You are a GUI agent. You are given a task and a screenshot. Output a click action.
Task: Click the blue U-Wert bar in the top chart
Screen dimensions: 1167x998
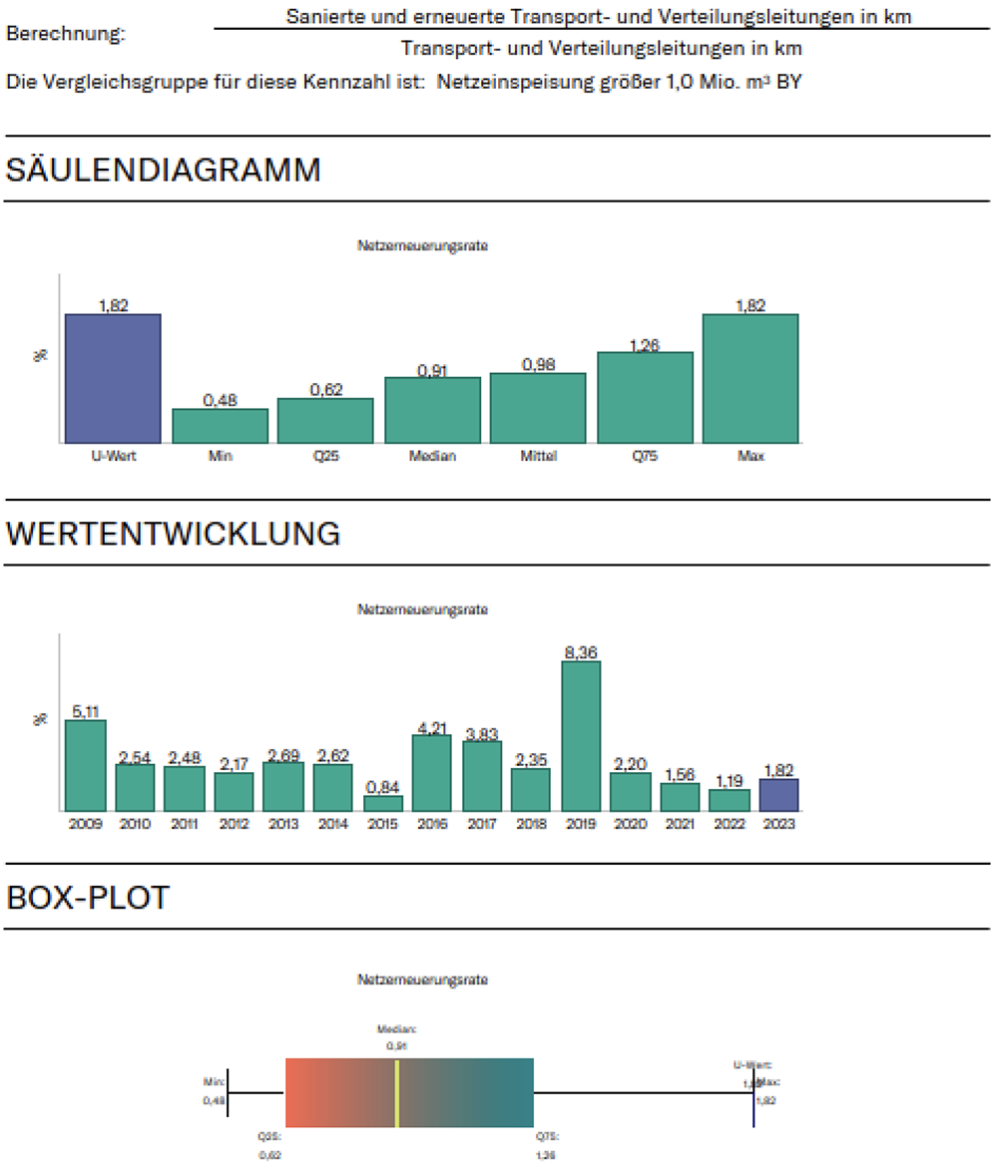(x=113, y=378)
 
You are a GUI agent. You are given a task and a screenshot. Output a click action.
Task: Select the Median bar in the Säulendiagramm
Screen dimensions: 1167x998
(x=432, y=410)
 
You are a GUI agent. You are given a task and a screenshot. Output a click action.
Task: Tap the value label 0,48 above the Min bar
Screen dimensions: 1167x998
(x=220, y=400)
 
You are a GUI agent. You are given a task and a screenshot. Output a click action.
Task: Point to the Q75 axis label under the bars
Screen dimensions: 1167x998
(x=645, y=457)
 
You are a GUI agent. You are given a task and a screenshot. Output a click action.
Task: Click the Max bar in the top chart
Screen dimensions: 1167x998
(x=750, y=378)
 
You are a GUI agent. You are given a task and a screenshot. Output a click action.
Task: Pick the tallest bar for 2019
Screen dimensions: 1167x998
(x=581, y=735)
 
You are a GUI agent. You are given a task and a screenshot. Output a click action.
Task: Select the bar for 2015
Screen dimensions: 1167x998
(x=382, y=803)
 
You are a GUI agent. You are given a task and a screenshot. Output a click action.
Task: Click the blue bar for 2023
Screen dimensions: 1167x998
(x=779, y=795)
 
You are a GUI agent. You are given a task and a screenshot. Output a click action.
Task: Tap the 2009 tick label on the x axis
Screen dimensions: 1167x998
(x=85, y=824)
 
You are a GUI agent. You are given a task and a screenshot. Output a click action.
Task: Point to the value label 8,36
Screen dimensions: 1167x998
(x=581, y=652)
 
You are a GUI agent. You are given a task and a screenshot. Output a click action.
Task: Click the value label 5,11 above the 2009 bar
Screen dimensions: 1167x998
(x=86, y=711)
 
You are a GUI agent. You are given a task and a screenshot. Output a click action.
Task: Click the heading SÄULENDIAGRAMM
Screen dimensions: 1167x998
(x=164, y=171)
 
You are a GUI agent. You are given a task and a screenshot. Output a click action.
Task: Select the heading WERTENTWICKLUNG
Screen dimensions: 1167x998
(x=174, y=534)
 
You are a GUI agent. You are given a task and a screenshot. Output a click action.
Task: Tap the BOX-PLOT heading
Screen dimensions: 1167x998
(x=88, y=898)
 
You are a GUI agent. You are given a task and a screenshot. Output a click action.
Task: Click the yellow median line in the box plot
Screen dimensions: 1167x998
(x=397, y=1093)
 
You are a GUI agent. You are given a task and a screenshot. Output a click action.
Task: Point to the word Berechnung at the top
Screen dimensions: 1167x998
(x=66, y=34)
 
